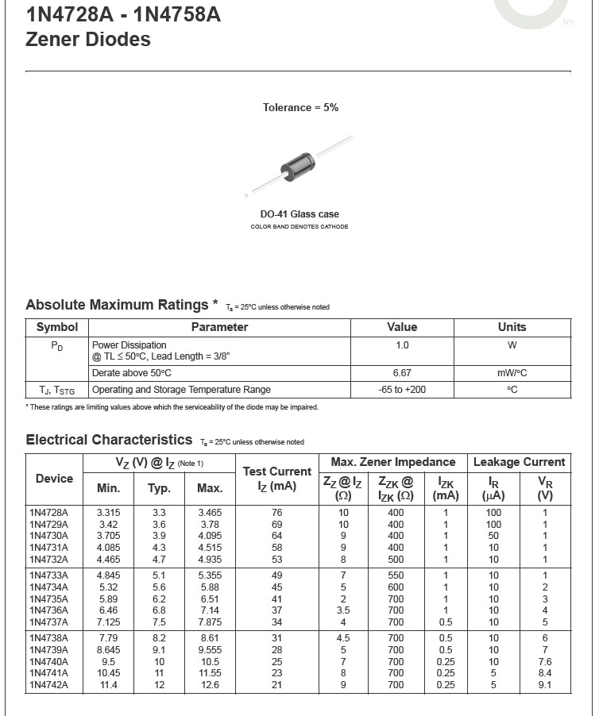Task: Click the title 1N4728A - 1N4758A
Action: click(x=123, y=13)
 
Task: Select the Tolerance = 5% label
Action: click(x=300, y=107)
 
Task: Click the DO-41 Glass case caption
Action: click(x=299, y=214)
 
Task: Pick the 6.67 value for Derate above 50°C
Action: click(x=402, y=373)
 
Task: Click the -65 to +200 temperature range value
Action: click(x=402, y=390)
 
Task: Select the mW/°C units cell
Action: click(x=512, y=373)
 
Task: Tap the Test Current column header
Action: click(x=276, y=479)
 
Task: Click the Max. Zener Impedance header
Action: click(x=392, y=462)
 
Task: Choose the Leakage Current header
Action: click(x=519, y=462)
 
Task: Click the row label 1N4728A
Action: click(x=48, y=513)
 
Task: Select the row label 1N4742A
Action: click(x=48, y=685)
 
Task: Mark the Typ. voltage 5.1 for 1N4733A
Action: click(x=160, y=575)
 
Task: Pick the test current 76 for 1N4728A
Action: click(x=276, y=513)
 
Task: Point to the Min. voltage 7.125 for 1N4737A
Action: click(x=108, y=622)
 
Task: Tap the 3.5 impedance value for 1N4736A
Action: click(x=343, y=610)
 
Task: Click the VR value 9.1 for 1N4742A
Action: click(x=545, y=685)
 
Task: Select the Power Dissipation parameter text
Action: click(x=129, y=345)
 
